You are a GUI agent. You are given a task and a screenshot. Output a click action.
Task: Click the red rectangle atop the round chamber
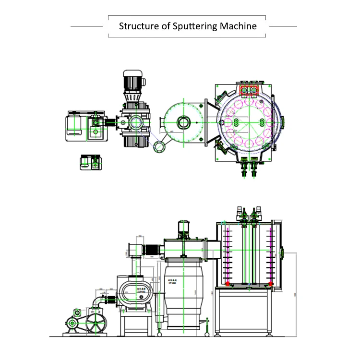point(248,90)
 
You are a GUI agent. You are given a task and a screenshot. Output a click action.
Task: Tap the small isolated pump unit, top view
point(91,162)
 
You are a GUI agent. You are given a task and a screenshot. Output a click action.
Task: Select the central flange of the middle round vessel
point(183,121)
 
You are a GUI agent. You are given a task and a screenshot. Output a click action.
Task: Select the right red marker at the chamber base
point(272,284)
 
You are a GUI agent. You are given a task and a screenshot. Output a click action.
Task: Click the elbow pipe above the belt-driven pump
point(102,301)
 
